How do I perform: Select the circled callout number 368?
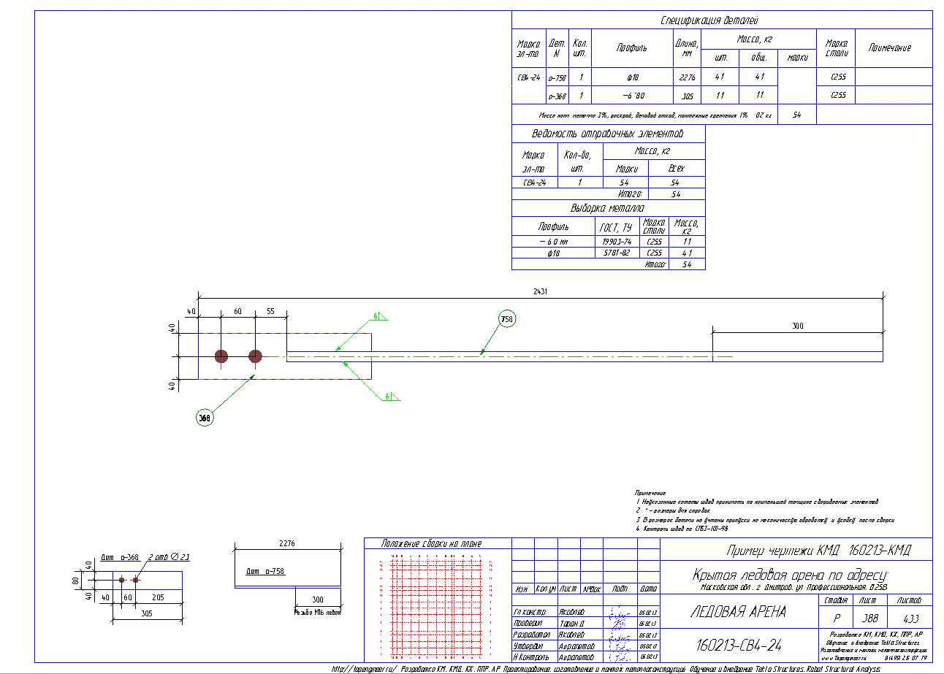click(205, 418)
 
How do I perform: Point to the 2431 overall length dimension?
click(541, 291)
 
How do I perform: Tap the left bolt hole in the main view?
click(221, 356)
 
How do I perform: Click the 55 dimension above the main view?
click(270, 311)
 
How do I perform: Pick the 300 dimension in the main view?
click(796, 326)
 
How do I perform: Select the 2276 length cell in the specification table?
click(687, 77)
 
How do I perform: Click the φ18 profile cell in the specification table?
click(633, 77)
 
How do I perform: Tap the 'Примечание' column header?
click(889, 47)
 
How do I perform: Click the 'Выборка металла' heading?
click(608, 208)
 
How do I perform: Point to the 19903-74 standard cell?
click(616, 242)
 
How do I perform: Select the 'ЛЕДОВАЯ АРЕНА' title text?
click(738, 611)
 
